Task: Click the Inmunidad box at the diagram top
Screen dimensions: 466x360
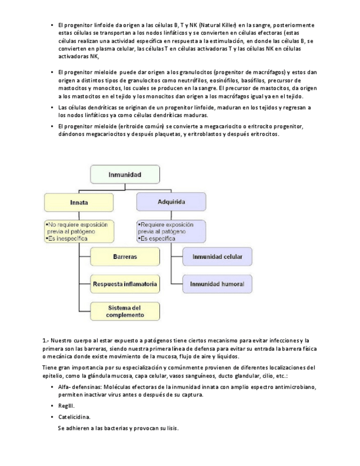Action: [124, 175]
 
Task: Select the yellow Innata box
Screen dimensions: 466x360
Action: [79, 202]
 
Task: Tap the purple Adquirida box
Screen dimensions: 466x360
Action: [171, 202]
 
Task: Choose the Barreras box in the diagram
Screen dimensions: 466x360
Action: [125, 257]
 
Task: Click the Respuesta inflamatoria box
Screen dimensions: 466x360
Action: [125, 285]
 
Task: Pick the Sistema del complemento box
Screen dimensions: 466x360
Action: [125, 311]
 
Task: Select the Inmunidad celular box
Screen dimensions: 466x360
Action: [217, 257]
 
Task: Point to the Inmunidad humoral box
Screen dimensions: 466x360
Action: [217, 284]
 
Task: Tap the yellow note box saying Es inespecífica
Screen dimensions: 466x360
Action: [78, 232]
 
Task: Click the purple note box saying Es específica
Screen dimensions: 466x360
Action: [171, 232]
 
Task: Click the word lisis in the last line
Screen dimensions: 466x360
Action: [171, 428]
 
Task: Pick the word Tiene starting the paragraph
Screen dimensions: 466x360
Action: [49, 367]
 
